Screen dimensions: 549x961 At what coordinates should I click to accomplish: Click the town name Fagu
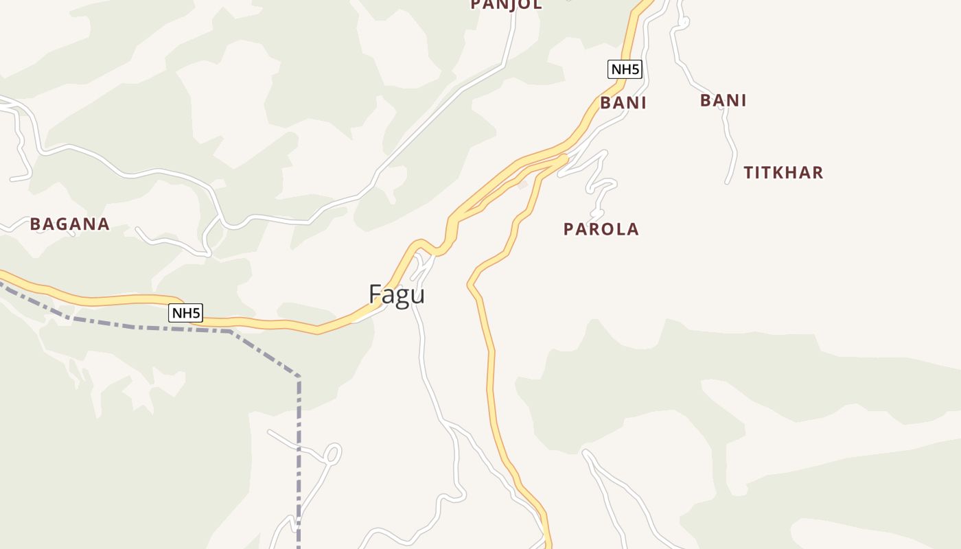(397, 294)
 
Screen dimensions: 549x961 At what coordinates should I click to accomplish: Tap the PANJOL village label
(506, 4)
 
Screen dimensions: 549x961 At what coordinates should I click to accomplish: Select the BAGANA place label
(69, 224)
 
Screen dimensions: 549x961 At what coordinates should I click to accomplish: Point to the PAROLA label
(601, 229)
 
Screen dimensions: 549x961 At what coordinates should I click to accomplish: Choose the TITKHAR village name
(783, 172)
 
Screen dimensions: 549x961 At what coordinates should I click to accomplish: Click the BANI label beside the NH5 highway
(623, 103)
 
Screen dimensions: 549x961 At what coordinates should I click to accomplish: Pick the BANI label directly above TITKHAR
(723, 100)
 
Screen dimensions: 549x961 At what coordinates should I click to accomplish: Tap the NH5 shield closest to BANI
(625, 69)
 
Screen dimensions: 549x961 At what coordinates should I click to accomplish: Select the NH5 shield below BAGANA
(186, 314)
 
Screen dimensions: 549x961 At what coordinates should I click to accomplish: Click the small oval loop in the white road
(332, 454)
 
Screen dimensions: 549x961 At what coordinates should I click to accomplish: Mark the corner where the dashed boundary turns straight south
(299, 377)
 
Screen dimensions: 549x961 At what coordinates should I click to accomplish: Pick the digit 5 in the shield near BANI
(636, 69)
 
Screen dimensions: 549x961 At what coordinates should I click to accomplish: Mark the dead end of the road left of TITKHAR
(727, 183)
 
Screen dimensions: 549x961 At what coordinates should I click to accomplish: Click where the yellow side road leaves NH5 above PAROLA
(565, 159)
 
